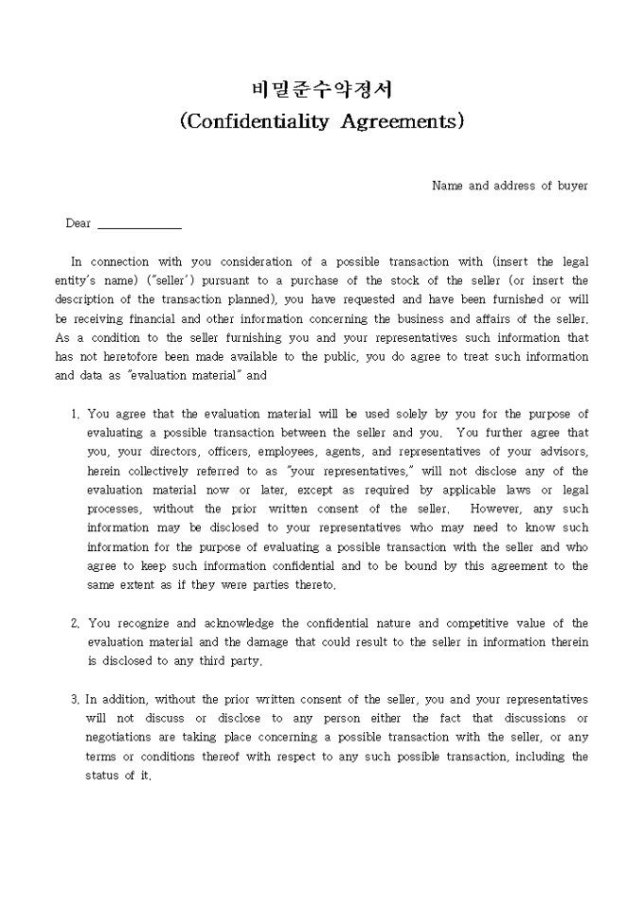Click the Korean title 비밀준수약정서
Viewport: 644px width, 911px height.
322,90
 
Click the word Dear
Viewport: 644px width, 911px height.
79,223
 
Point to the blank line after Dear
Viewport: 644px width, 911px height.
139,225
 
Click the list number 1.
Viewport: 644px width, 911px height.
75,414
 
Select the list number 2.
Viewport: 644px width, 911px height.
75,623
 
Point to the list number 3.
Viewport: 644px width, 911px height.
75,700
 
